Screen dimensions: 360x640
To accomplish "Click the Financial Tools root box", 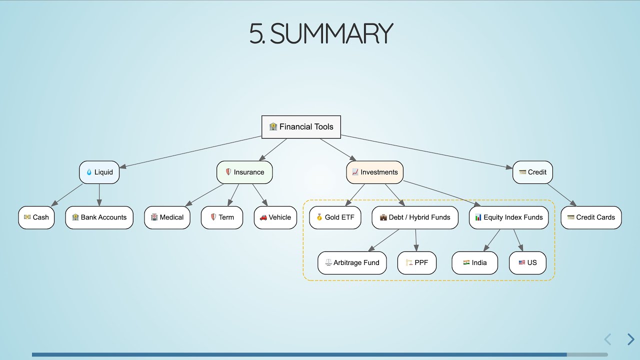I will [301, 127].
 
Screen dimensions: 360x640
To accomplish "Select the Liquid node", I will [99, 172].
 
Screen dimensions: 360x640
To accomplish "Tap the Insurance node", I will [244, 172].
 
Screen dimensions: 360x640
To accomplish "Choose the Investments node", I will [374, 172].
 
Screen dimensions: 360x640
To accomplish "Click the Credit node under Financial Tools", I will [532, 172].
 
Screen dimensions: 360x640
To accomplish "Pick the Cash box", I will [36, 217].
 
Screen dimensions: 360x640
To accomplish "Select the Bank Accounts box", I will [99, 217].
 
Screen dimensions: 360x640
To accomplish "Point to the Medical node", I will [167, 217].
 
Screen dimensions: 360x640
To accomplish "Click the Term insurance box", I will [221, 217].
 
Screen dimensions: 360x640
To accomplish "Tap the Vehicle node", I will [275, 217].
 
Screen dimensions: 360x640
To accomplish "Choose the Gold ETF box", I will [335, 217].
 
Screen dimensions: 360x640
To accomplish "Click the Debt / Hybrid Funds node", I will [414, 217].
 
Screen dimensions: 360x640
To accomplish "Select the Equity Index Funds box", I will [508, 217].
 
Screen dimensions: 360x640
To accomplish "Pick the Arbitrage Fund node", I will [352, 263].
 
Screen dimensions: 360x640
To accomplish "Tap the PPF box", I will [416, 263].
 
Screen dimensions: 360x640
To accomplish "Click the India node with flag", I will [474, 263].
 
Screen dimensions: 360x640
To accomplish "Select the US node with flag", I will [527, 263].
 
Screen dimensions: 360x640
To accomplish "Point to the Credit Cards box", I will [591, 217].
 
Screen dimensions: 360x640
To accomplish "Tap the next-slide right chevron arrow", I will [630, 339].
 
